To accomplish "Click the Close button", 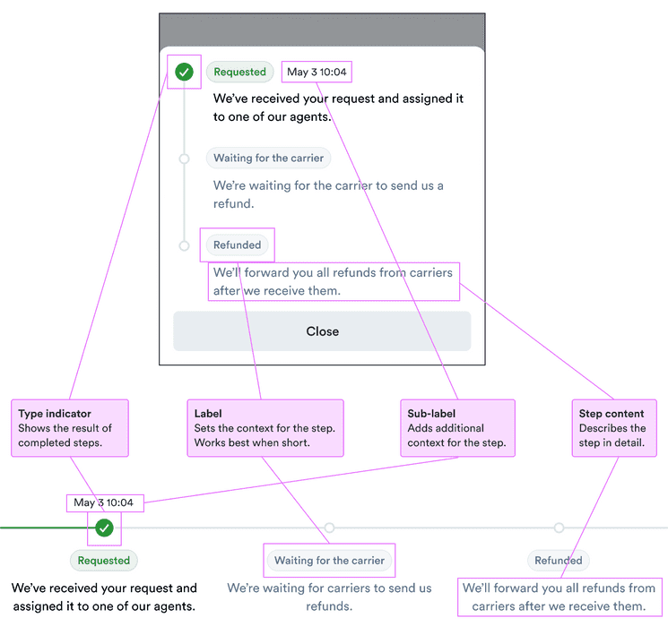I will tap(322, 331).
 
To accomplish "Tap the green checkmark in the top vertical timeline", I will tap(184, 72).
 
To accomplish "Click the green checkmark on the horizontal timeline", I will tap(105, 528).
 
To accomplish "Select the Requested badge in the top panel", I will tap(239, 72).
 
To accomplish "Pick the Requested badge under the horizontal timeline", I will tap(104, 561).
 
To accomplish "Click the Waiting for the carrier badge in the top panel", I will tap(269, 159).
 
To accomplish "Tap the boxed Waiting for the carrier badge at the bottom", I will tap(329, 561).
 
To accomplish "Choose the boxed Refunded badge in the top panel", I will tap(238, 245).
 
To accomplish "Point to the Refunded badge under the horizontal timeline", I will tap(559, 561).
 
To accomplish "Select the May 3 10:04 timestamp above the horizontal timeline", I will tap(104, 502).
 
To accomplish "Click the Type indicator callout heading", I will tap(55, 414).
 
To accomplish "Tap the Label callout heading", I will tap(208, 414).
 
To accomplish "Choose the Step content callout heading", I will tap(612, 414).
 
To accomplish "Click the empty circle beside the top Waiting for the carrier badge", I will tap(184, 159).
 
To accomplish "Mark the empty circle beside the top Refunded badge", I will tap(184, 245).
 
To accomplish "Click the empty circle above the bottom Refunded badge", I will tap(559, 528).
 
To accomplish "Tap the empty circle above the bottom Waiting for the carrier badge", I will tap(329, 528).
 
